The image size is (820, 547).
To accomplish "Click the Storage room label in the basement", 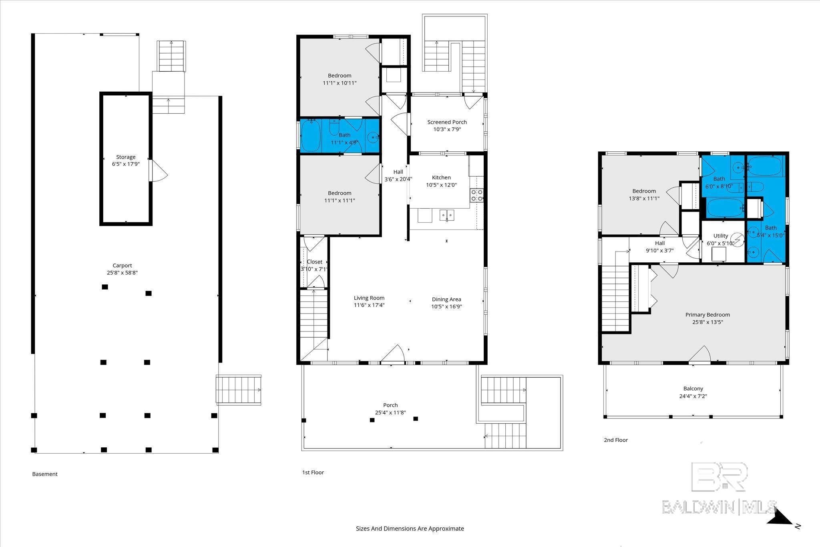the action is pyautogui.click(x=126, y=157).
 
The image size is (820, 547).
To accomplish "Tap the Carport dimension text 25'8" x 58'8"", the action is pyautogui.click(x=122, y=273).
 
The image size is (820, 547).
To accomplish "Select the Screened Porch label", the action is pyautogui.click(x=447, y=122).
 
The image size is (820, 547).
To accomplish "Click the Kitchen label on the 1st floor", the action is pyautogui.click(x=441, y=177).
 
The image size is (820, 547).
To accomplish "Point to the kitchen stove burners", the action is pyautogui.click(x=476, y=195).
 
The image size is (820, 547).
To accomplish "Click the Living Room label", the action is pyautogui.click(x=369, y=298).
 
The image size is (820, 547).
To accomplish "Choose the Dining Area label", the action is pyautogui.click(x=446, y=299).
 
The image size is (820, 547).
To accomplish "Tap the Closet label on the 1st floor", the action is pyautogui.click(x=314, y=262).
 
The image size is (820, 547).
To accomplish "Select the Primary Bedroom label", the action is pyautogui.click(x=707, y=315).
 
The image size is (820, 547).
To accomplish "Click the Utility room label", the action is pyautogui.click(x=721, y=236).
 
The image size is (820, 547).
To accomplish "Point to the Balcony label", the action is pyautogui.click(x=693, y=388).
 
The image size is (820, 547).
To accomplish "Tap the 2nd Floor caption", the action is pyautogui.click(x=616, y=440).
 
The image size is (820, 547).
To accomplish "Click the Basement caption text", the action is pyautogui.click(x=45, y=474).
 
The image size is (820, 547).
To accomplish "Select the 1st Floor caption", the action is pyautogui.click(x=313, y=473).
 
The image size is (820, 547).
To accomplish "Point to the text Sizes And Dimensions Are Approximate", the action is pyautogui.click(x=410, y=529).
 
